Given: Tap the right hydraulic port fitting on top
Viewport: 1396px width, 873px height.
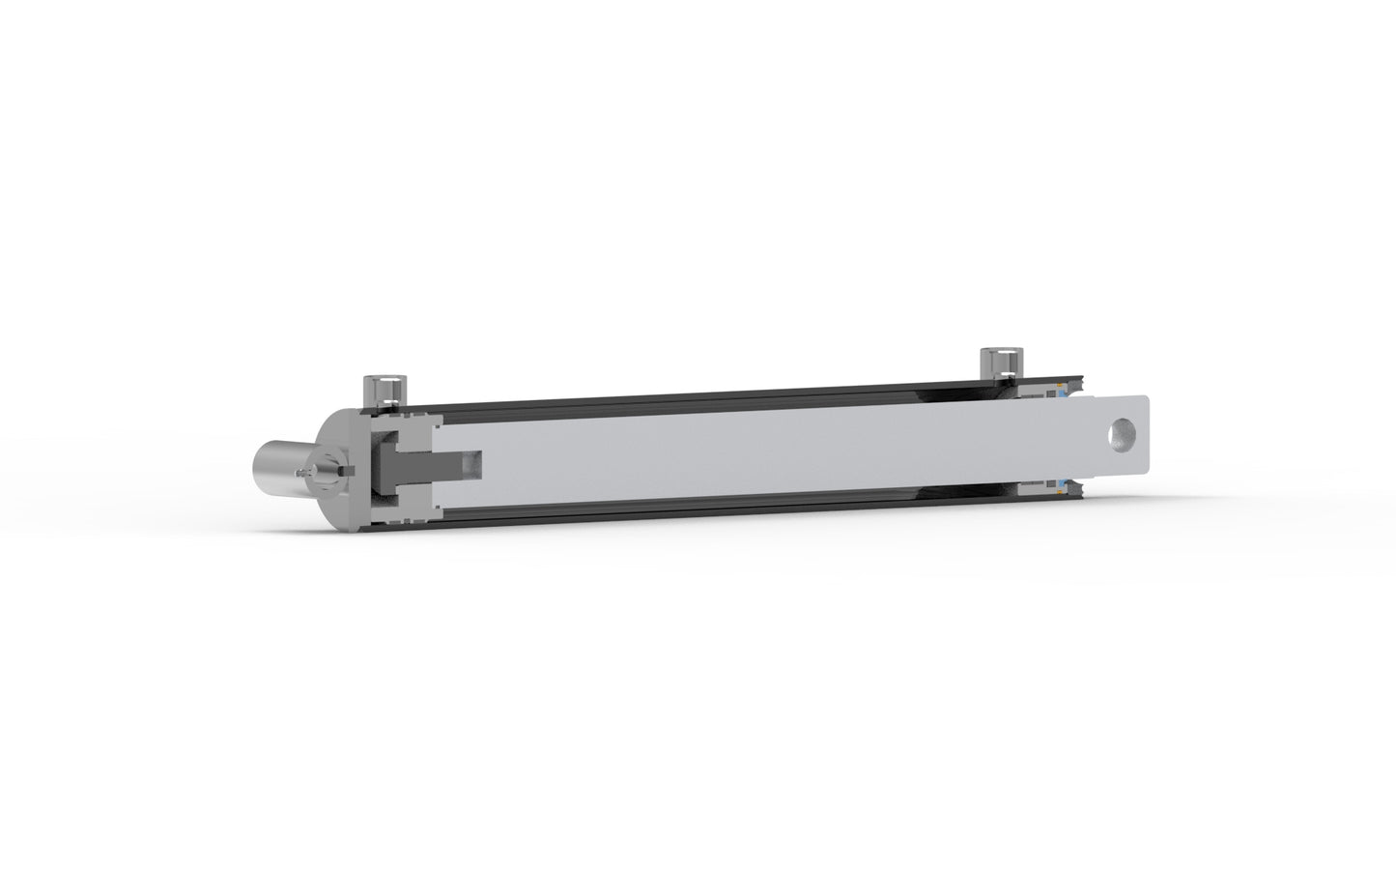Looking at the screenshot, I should [x=997, y=364].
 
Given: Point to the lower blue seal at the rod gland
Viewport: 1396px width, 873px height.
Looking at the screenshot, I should [x=1062, y=483].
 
